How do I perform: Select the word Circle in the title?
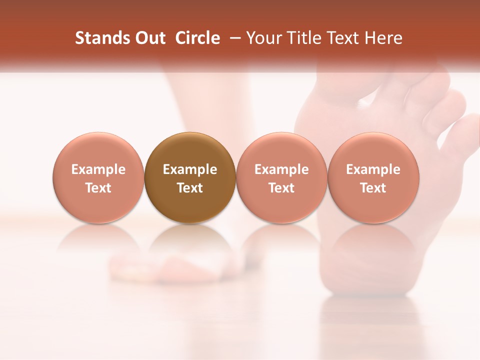pos(197,38)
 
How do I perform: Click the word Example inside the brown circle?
pos(190,169)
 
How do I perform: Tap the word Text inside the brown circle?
pos(190,188)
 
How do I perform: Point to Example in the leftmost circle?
pos(98,169)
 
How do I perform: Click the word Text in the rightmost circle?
pos(373,188)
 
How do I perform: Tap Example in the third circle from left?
pos(281,169)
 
